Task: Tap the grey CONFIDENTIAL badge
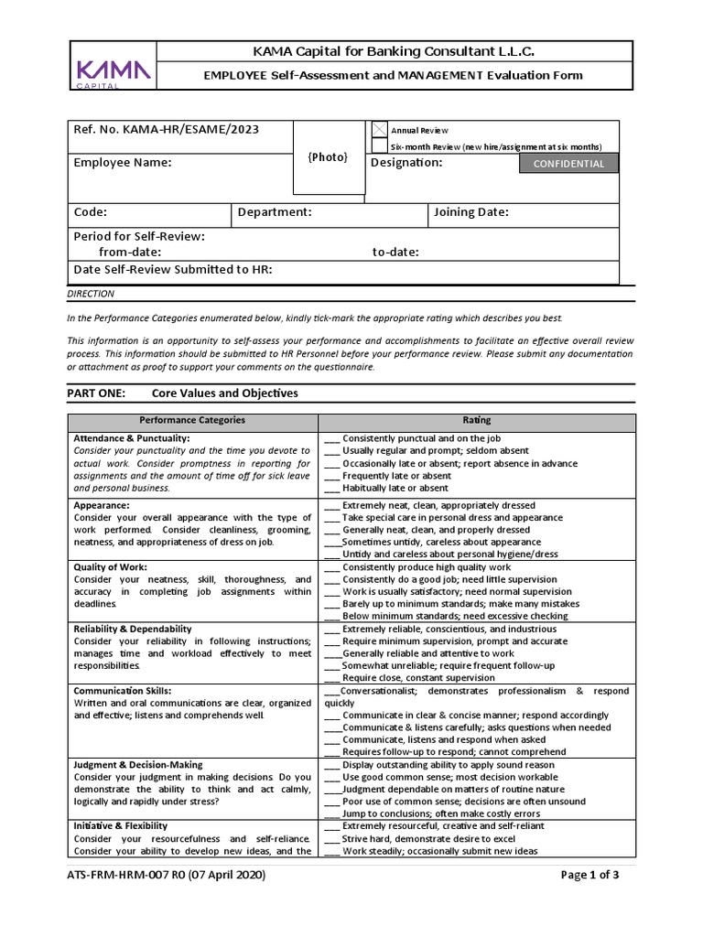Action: [568, 164]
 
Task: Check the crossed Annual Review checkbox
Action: [379, 131]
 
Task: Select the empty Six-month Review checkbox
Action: [379, 146]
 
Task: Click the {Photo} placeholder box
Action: [328, 157]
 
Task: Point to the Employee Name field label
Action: [122, 163]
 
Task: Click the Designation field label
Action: [406, 163]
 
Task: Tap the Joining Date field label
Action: [472, 212]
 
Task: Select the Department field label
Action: [275, 212]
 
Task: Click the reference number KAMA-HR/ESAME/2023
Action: [166, 130]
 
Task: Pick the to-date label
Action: [395, 252]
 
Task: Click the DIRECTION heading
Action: [91, 294]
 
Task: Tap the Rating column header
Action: [476, 420]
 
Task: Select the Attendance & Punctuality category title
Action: [132, 438]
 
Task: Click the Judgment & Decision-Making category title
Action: [138, 765]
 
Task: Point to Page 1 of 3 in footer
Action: [589, 875]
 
